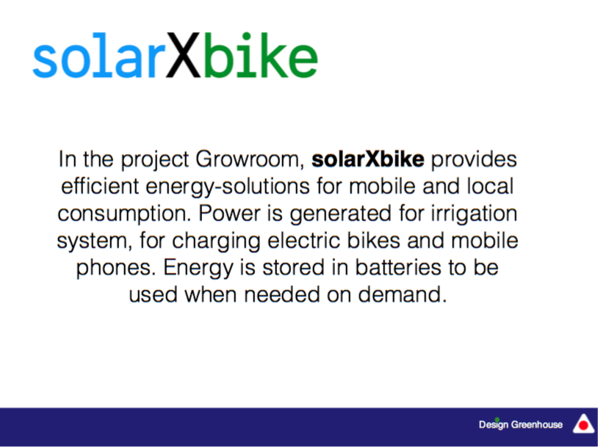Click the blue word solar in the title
99,56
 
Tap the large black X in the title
183,55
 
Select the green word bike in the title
261,55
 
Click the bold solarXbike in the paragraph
367,159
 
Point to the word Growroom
250,160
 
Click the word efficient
100,186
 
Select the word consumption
124,214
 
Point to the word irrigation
474,214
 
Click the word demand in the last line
403,295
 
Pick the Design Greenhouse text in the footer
521,425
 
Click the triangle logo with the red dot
583,424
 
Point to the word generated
341,214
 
